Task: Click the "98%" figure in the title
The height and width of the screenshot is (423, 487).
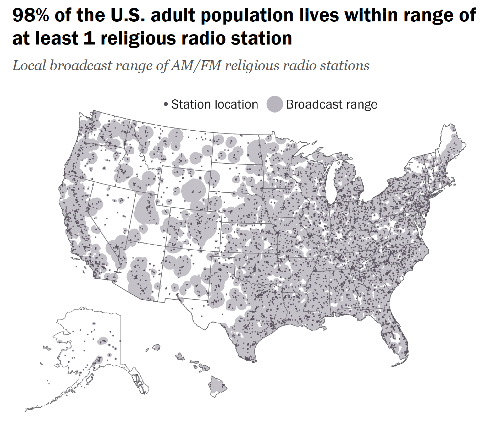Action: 31,15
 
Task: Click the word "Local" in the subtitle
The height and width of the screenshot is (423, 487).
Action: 29,66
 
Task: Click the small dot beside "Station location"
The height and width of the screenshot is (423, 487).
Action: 166,104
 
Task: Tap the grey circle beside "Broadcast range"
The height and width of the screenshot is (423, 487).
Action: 274,104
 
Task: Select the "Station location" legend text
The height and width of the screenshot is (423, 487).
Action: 214,104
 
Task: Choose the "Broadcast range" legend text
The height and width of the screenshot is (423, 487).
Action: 331,104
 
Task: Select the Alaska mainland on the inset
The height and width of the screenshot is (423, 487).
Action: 93,338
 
